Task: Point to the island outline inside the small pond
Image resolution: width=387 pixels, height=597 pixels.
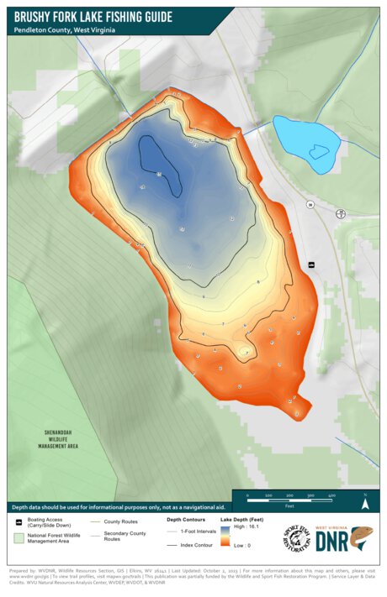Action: click(318, 152)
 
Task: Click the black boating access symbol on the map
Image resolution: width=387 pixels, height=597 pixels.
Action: click(311, 264)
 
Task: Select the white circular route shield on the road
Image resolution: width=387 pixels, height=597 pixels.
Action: click(310, 205)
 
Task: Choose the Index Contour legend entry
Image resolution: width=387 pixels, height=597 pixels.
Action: click(196, 544)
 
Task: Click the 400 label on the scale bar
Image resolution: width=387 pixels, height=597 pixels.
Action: click(333, 496)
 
